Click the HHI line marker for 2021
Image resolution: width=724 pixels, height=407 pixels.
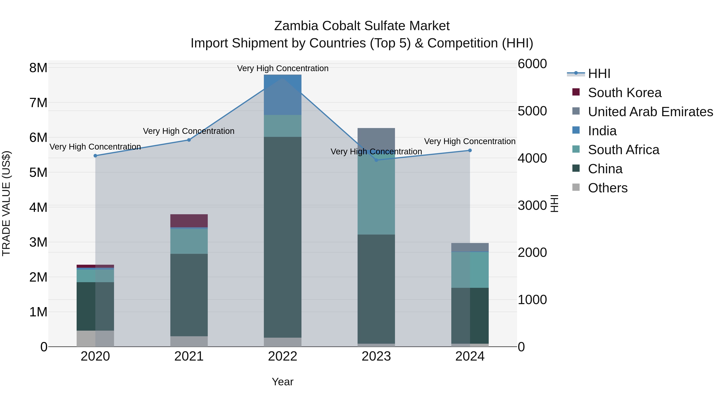pyautogui.click(x=189, y=140)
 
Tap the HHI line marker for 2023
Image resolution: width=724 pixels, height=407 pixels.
pyautogui.click(x=376, y=160)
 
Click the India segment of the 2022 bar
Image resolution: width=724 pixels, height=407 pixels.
pyautogui.click(x=283, y=95)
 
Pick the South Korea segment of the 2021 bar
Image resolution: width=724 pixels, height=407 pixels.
pyautogui.click(x=189, y=221)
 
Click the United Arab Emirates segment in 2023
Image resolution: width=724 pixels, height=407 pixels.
pyautogui.click(x=376, y=138)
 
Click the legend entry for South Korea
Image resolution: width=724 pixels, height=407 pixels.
pyautogui.click(x=624, y=93)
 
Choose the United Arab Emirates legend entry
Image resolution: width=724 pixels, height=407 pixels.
pyautogui.click(x=650, y=112)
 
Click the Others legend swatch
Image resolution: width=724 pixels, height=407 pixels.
pyautogui.click(x=576, y=187)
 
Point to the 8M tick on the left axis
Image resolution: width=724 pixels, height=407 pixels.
pyautogui.click(x=38, y=68)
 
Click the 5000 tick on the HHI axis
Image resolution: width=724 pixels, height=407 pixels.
pyautogui.click(x=532, y=111)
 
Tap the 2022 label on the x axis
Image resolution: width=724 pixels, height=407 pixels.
pyautogui.click(x=283, y=356)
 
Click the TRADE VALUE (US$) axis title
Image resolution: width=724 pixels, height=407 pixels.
pyautogui.click(x=6, y=203)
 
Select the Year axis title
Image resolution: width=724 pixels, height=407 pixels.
pyautogui.click(x=283, y=382)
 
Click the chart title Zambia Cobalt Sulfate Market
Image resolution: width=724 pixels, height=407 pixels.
pyautogui.click(x=362, y=26)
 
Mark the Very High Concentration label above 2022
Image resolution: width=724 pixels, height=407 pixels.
pyautogui.click(x=283, y=68)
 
